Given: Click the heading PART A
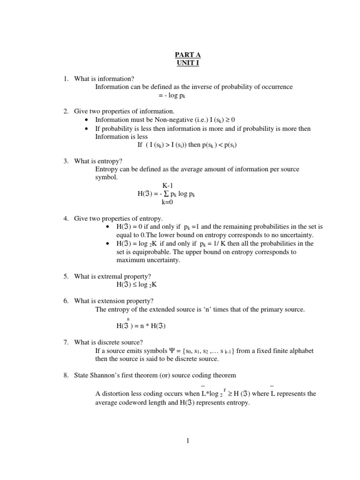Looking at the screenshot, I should click(187, 55).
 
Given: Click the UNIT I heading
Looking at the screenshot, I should click(187, 63).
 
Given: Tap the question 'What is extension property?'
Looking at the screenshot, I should click(114, 301).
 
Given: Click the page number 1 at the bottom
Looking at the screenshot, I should click(187, 440).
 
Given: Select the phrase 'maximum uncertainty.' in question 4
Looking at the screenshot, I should click(148, 260).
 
